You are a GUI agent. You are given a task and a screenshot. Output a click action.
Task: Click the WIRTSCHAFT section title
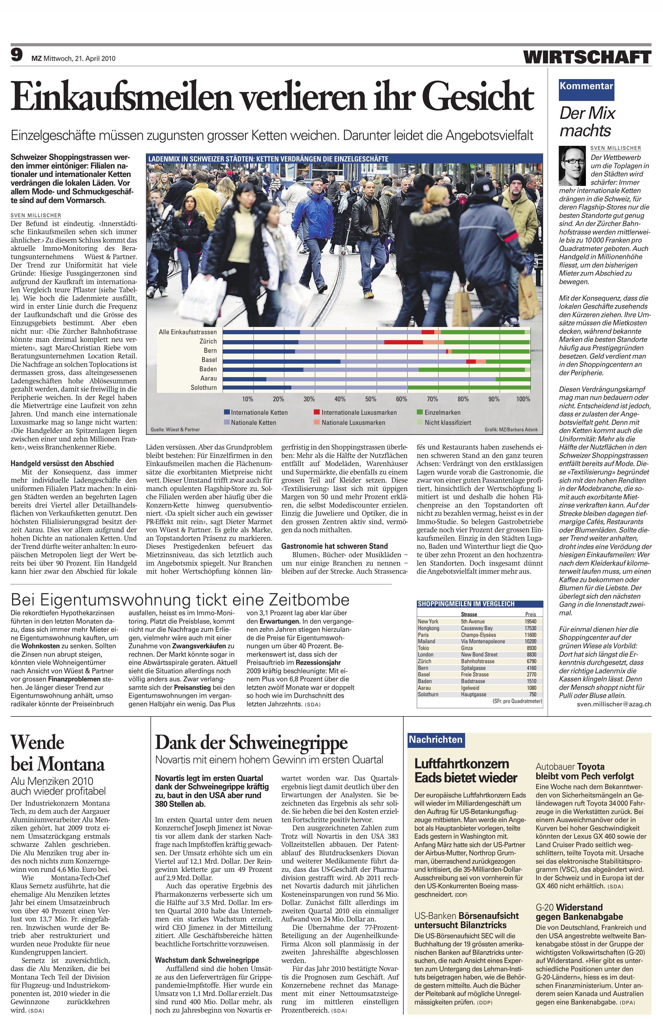(587, 57)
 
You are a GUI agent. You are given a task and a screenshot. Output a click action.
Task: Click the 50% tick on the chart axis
(371, 399)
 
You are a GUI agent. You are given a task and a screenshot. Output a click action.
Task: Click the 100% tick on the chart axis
(523, 399)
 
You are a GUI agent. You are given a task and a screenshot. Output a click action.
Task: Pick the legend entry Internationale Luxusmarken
(359, 412)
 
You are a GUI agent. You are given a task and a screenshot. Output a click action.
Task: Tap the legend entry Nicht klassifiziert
(447, 423)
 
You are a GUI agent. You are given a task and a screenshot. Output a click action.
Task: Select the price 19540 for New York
(531, 621)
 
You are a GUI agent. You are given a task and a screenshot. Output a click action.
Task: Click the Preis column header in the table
(531, 614)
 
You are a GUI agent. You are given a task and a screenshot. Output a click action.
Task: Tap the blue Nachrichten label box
(435, 739)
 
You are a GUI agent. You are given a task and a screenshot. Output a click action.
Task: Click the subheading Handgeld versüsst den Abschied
(62, 463)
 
